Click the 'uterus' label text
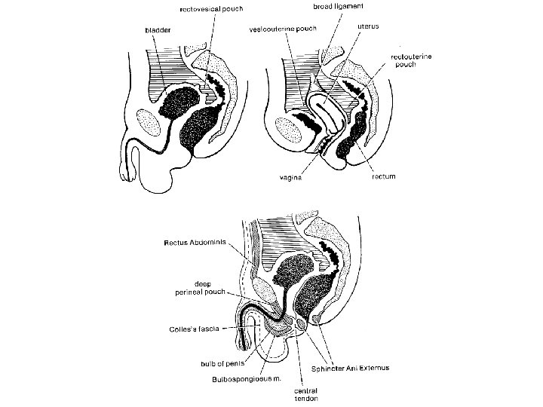(367, 25)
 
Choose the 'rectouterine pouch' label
(410, 60)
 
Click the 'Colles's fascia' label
(193, 329)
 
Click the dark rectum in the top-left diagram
(197, 128)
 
